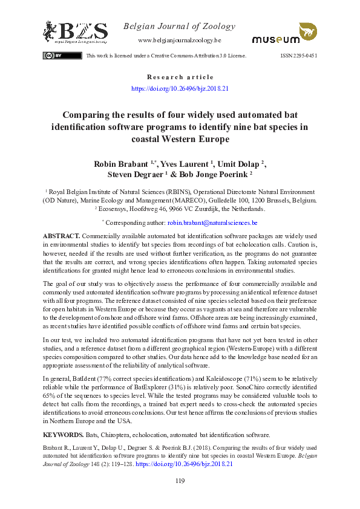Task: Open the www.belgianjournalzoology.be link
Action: click(180, 40)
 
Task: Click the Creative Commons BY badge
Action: click(53, 56)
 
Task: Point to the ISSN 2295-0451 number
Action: click(299, 56)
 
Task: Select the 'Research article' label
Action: click(180, 77)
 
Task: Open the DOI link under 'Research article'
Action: click(180, 88)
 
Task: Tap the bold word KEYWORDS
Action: click(63, 435)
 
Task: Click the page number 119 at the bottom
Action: click(180, 481)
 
